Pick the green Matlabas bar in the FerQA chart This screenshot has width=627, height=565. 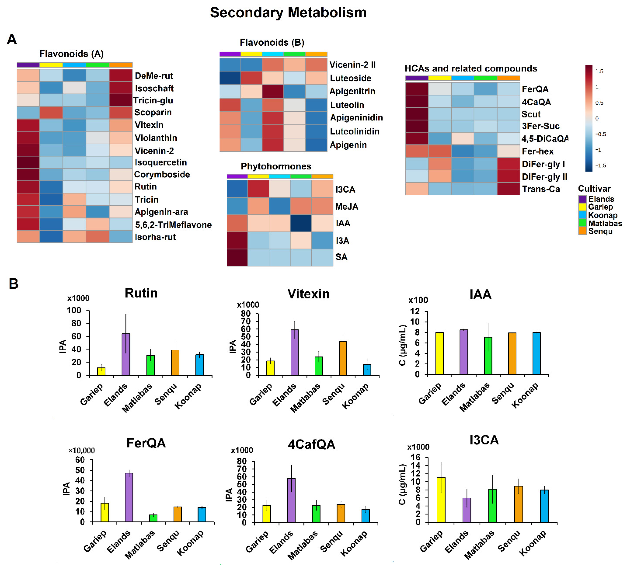point(153,518)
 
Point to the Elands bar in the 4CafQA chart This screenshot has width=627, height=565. point(291,500)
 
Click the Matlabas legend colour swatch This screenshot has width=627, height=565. point(582,223)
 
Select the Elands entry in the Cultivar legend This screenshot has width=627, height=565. point(601,199)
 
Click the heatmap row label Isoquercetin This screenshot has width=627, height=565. point(161,162)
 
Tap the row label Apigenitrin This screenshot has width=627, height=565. point(352,91)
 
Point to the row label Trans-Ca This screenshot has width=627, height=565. point(541,189)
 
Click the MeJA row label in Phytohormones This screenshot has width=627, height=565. point(347,206)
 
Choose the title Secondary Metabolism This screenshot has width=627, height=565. point(288,13)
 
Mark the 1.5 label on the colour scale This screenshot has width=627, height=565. point(599,71)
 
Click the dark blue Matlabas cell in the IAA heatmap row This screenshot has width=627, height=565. point(301,223)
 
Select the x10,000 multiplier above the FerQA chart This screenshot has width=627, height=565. point(81,450)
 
